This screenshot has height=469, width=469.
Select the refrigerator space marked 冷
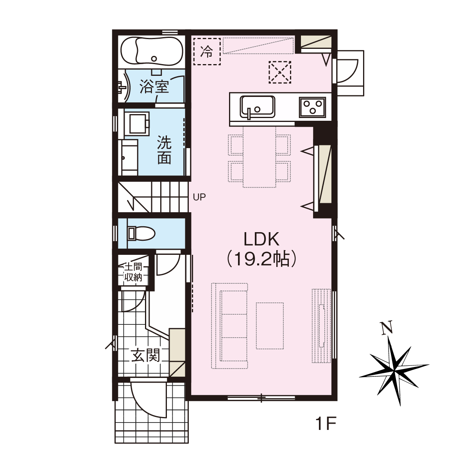207,51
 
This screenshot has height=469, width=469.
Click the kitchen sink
258,107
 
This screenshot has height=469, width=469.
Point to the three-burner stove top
313,107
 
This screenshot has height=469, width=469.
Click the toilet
141,234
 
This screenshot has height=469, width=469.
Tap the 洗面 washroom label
164,150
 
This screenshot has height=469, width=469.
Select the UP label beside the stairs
199,197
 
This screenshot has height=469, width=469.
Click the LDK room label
261,239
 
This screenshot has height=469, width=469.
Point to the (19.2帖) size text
261,259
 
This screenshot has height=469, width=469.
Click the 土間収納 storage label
133,272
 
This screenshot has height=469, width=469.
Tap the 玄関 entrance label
145,355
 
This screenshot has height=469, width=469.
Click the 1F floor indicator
326,424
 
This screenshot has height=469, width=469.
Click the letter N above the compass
387,327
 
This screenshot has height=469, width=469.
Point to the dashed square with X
280,72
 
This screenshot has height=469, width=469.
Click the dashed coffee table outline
270,326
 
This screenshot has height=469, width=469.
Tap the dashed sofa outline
229,326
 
